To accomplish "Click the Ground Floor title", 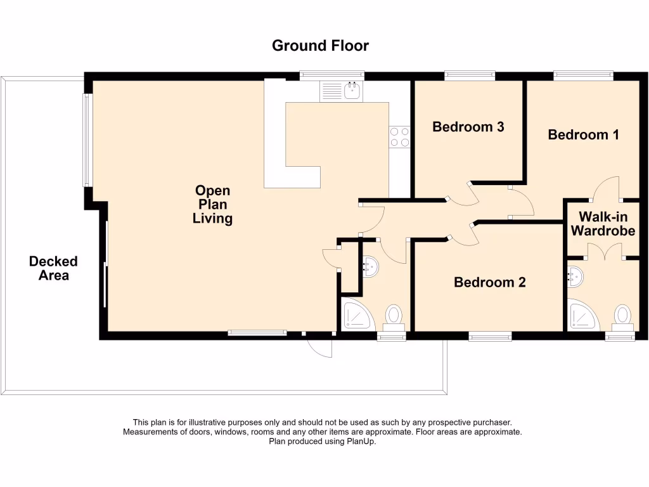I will click(320, 46).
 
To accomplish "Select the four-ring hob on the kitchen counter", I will click(400, 137).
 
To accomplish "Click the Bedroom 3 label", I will click(468, 127).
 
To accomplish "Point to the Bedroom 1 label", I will click(583, 134).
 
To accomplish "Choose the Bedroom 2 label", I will click(490, 282).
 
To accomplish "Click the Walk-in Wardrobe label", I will click(603, 223).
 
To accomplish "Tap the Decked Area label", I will click(53, 268).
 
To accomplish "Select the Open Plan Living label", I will click(213, 205).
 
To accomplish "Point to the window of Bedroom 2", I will click(490, 337).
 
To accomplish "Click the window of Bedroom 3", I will click(470, 75).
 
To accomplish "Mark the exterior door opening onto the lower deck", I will click(319, 346).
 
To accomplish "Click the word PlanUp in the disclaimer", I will click(363, 442).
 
